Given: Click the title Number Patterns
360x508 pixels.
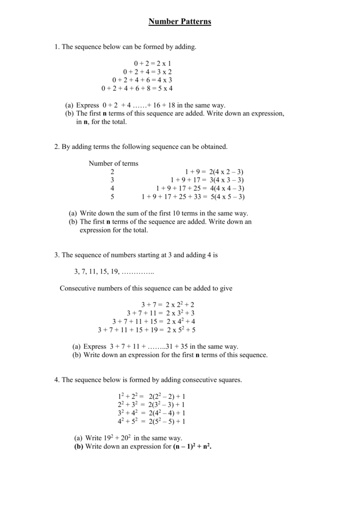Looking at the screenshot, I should click(180, 22).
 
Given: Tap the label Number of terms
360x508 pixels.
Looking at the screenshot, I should click(113, 163).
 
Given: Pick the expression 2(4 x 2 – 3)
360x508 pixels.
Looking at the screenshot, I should click(227, 172).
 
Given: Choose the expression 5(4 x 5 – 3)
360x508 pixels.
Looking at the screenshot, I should click(227, 197).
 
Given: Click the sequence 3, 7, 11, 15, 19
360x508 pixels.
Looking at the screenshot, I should click(97, 271).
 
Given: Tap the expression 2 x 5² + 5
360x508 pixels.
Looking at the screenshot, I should click(181, 330).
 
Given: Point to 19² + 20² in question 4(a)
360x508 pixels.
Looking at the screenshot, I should click(118, 438).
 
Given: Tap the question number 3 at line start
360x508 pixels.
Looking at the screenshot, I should click(56, 254).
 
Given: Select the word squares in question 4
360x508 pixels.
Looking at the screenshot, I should click(230, 380).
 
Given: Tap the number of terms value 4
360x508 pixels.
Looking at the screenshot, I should click(112, 189).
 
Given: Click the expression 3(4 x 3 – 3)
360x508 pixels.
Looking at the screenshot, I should click(227, 180).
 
